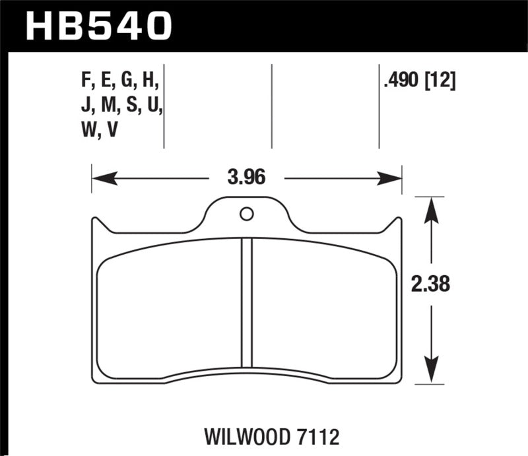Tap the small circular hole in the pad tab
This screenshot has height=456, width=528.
coord(246,213)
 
